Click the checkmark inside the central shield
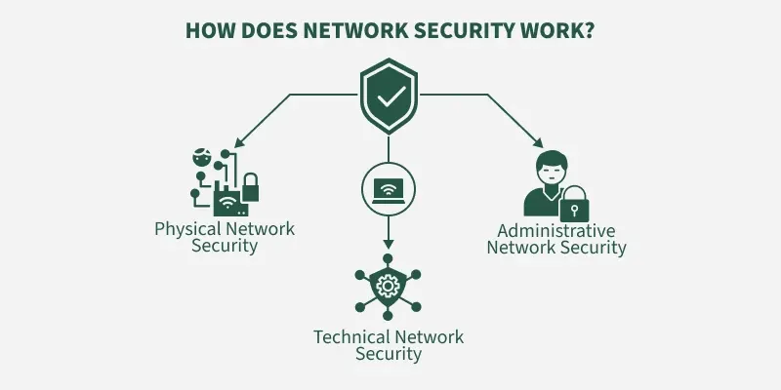tap(390, 97)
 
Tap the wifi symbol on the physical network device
tap(228, 203)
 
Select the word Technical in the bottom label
tap(349, 337)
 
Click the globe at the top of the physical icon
tap(202, 157)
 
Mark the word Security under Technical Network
tap(389, 354)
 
